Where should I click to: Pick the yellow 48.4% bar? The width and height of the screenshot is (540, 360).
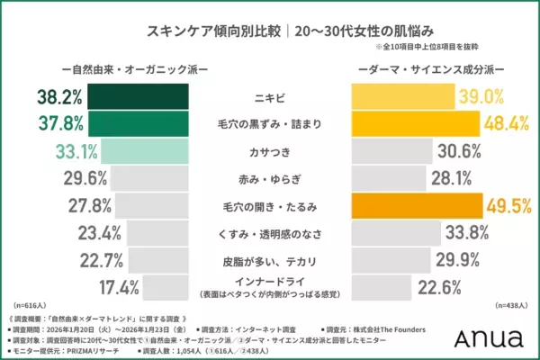pyautogui.click(x=414, y=122)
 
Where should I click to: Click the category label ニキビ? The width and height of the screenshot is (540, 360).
pyautogui.click(x=270, y=95)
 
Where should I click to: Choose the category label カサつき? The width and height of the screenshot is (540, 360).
pyautogui.click(x=270, y=150)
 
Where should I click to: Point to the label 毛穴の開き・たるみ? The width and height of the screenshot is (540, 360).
pyautogui.click(x=270, y=206)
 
